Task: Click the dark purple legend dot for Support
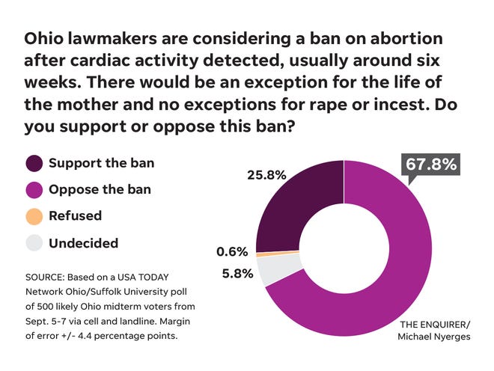click(34, 163)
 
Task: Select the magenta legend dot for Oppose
click(34, 190)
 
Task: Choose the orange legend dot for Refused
click(34, 217)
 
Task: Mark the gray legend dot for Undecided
click(34, 244)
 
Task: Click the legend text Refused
click(75, 216)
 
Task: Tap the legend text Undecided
click(84, 243)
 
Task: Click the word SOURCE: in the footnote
click(49, 278)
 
